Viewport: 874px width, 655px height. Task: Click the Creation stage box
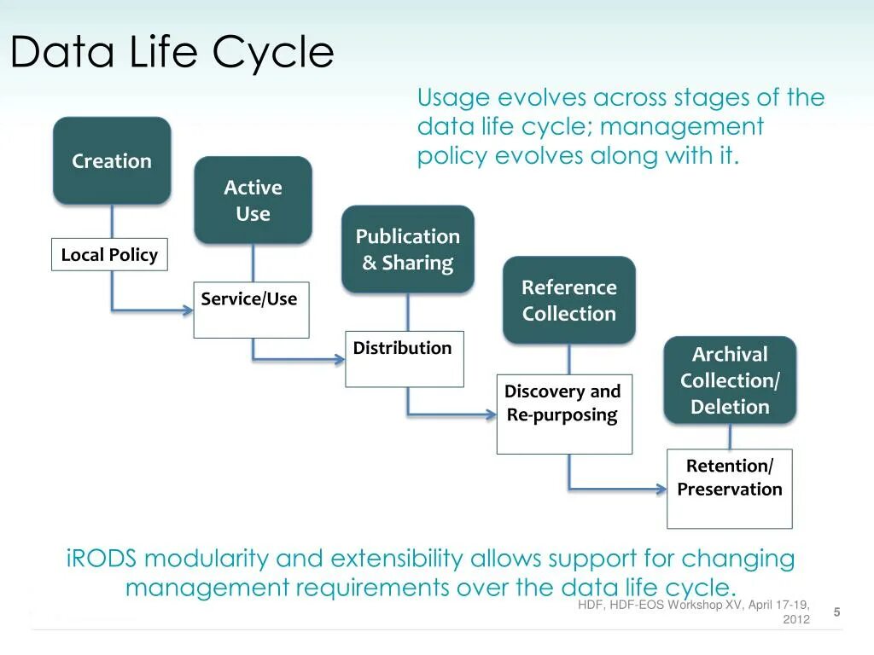click(112, 161)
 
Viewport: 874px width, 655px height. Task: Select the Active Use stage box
click(253, 200)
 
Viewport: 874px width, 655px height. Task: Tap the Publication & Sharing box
click(407, 249)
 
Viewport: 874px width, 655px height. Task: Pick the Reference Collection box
click(568, 300)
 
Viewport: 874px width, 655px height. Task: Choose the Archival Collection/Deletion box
click(730, 380)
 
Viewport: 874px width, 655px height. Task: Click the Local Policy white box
click(109, 255)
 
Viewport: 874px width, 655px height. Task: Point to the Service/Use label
click(249, 299)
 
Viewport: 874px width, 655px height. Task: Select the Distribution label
click(402, 348)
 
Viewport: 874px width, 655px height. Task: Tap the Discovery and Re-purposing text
click(562, 403)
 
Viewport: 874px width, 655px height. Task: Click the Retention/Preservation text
click(730, 478)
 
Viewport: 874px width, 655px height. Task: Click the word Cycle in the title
click(272, 53)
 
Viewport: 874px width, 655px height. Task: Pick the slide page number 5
click(836, 612)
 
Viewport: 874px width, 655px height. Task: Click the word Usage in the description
click(453, 98)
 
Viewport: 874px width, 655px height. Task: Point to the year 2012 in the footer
click(795, 619)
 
